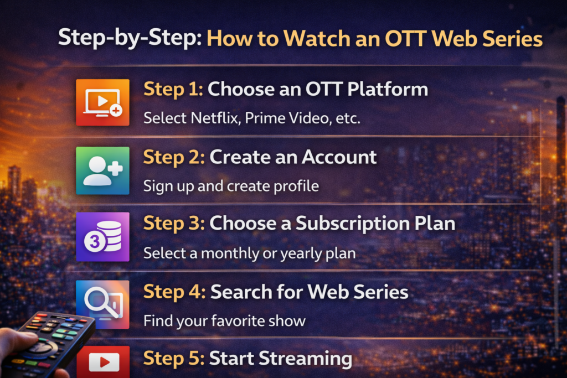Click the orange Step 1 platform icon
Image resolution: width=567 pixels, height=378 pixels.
click(x=102, y=102)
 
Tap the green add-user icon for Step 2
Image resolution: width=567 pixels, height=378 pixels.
click(x=102, y=170)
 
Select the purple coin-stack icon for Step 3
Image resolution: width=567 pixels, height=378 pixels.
click(x=102, y=237)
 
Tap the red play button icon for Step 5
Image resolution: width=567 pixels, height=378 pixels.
click(x=104, y=362)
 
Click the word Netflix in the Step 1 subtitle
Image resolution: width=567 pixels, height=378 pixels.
click(x=215, y=118)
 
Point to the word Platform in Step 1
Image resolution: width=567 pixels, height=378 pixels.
click(x=387, y=89)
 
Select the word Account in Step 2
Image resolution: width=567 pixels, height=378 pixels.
click(x=339, y=157)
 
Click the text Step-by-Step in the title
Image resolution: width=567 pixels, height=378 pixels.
click(x=130, y=38)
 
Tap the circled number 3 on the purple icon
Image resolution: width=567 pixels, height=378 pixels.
click(x=95, y=241)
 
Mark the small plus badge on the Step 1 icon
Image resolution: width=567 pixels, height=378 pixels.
click(x=116, y=110)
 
